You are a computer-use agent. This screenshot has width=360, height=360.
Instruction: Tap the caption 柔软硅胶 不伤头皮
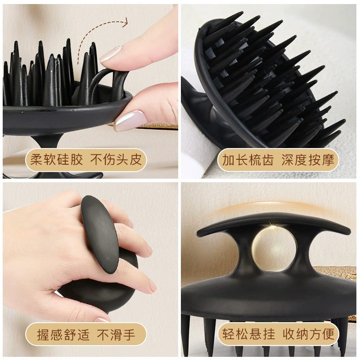pyautogui.click(x=86, y=160)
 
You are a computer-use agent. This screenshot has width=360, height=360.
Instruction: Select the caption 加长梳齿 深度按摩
pyautogui.click(x=278, y=160)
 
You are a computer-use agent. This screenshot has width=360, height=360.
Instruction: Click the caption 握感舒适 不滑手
pyautogui.click(x=86, y=334)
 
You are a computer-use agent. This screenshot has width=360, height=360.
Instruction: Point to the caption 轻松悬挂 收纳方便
pyautogui.click(x=278, y=334)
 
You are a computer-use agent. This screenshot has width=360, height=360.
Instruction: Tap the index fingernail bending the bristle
pyautogui.click(x=110, y=54)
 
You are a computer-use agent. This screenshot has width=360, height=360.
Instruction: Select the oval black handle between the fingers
pyautogui.click(x=100, y=234)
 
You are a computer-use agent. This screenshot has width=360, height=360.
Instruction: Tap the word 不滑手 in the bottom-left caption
pyautogui.click(x=116, y=334)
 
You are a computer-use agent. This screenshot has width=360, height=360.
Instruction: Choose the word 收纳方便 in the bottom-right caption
pyautogui.click(x=308, y=334)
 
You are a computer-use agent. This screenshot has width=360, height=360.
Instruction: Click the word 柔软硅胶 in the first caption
pyautogui.click(x=57, y=160)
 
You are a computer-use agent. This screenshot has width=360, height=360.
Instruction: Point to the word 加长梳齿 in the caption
pyautogui.click(x=248, y=160)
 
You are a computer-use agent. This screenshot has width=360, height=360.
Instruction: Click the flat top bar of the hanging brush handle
pyautogui.click(x=273, y=221)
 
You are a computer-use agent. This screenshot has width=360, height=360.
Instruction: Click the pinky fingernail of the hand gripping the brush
pyautogui.click(x=102, y=319)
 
